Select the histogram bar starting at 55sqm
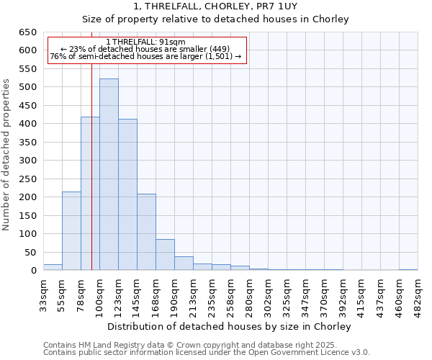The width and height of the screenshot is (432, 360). click(71, 231)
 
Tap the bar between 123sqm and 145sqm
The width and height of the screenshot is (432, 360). click(127, 194)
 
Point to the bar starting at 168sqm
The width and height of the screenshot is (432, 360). click(165, 255)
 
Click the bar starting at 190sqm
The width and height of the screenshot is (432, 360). click(184, 264)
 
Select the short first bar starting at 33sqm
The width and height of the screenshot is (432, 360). click(53, 267)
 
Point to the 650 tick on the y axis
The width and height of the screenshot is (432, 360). click(28, 32)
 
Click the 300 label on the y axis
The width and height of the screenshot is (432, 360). click(28, 161)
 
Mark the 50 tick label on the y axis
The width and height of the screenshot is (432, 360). click(30, 252)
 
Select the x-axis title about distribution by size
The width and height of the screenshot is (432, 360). click(230, 326)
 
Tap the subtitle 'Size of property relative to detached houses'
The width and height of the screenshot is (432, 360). click(216, 19)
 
